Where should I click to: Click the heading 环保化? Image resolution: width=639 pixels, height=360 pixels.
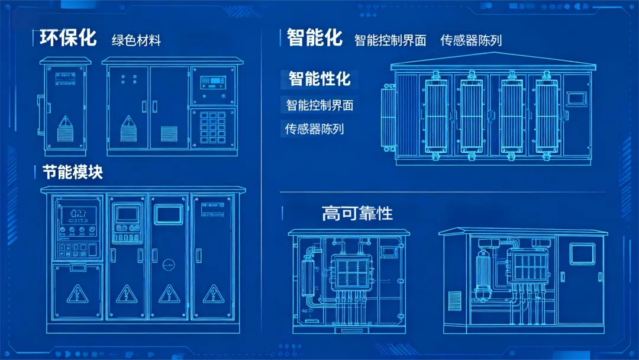[68, 38]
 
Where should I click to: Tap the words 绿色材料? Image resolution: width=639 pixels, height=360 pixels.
[136, 40]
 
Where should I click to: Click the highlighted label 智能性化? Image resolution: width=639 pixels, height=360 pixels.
[319, 78]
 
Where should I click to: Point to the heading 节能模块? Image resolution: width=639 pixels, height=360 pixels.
[73, 172]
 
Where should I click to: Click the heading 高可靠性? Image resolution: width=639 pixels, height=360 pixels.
[357, 213]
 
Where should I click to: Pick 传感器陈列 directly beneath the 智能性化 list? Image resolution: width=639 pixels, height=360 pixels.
[314, 128]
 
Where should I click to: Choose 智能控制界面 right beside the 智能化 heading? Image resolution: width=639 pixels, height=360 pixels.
[390, 40]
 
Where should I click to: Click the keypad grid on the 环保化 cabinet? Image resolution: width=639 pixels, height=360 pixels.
[213, 127]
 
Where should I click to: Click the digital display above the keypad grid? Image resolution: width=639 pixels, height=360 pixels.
[212, 81]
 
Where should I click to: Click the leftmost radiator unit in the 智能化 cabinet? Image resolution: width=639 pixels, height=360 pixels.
[437, 115]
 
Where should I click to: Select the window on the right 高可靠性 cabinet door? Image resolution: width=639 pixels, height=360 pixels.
[581, 253]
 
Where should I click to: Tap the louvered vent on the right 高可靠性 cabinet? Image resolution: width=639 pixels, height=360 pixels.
[454, 300]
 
